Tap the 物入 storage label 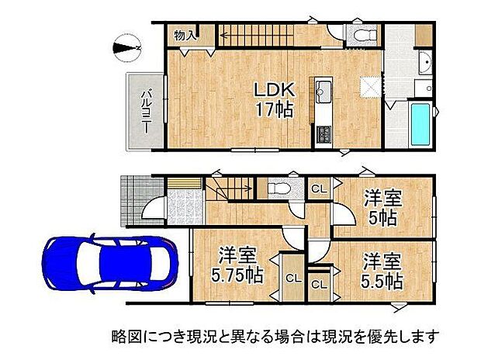click(185, 36)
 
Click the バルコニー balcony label click(144, 111)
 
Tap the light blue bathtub click(421, 123)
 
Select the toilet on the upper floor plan click(359, 34)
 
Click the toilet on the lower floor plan click(278, 189)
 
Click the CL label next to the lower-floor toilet click(319, 189)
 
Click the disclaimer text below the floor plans click(272, 337)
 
